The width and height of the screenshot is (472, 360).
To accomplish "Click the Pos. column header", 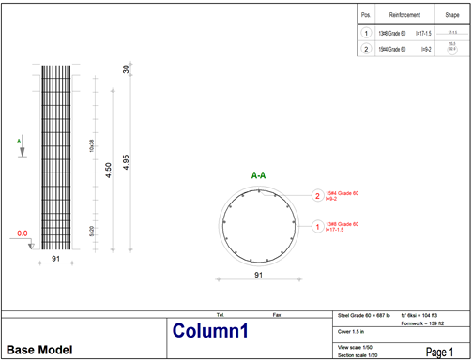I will pos(366,16).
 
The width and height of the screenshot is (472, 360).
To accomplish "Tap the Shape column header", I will pos(451,16).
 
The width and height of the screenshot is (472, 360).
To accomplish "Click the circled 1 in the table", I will pos(366,32).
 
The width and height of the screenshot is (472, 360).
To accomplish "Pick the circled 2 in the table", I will pos(366,49).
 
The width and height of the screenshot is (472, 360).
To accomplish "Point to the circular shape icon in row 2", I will pos(451,49).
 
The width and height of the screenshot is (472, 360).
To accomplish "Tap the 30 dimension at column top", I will pos(126,70).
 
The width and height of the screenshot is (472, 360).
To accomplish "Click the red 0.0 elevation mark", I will pos(23,232).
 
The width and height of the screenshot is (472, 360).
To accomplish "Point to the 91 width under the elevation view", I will pos(56,259).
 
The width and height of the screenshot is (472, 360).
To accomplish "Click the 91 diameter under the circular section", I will pos(258,276).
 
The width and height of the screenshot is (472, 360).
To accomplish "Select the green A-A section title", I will pos(258,175).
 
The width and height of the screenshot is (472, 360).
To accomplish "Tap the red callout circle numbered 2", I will pos(317,196).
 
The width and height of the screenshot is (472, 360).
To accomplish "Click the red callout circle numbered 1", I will pos(317,226).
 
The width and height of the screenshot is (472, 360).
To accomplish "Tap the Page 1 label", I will pos(438,351).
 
